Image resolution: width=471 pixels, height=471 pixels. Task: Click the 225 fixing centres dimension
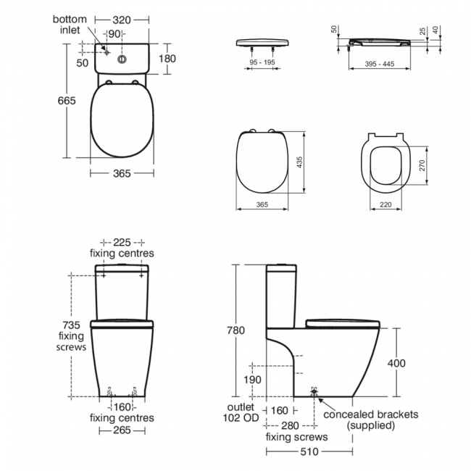[x=121, y=242]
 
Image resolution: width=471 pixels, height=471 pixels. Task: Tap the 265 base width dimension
[x=121, y=431]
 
